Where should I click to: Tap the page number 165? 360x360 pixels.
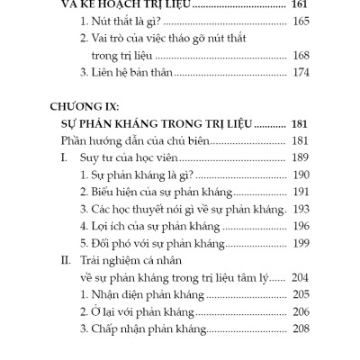point(295,21)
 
